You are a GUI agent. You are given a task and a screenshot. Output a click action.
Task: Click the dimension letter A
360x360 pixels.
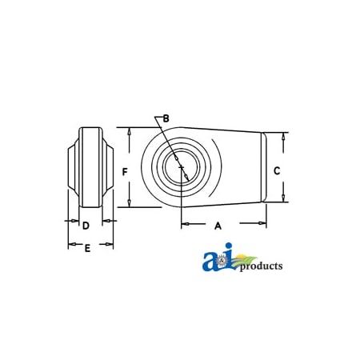coord(218,226)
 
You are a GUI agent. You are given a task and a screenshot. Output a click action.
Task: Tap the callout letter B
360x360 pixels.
coord(166,118)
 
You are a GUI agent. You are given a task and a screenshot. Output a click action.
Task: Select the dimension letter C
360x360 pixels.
coord(276,170)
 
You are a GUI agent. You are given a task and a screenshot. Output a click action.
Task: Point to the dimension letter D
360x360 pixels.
coord(86,226)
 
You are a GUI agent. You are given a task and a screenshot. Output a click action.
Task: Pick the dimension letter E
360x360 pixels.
coord(88,249)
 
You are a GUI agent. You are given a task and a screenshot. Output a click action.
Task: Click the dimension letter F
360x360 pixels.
coord(126,171)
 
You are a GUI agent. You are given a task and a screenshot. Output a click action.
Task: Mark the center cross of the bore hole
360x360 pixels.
coord(182,168)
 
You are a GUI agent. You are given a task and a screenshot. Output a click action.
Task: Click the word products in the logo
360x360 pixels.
coord(259,266)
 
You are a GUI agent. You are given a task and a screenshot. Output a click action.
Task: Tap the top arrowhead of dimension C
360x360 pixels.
coord(286,136)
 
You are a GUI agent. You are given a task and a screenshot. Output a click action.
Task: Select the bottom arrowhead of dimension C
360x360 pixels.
coord(286,199)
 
